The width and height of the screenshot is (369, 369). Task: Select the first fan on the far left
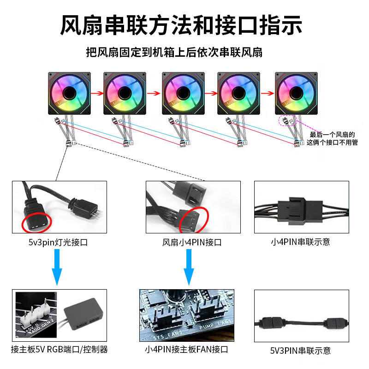[x=70, y=93]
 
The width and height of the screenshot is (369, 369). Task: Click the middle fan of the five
[x=183, y=93]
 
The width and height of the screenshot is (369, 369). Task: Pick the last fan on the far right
[x=296, y=93]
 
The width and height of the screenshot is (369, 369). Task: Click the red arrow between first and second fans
[x=96, y=93]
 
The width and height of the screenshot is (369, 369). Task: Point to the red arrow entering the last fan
[x=267, y=93]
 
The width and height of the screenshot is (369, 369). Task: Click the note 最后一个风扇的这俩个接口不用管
[x=332, y=138]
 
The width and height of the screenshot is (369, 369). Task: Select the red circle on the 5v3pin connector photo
[x=36, y=223]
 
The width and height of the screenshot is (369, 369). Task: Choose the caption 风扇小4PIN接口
[x=192, y=242]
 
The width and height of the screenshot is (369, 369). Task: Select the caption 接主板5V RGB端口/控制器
[x=59, y=350]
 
